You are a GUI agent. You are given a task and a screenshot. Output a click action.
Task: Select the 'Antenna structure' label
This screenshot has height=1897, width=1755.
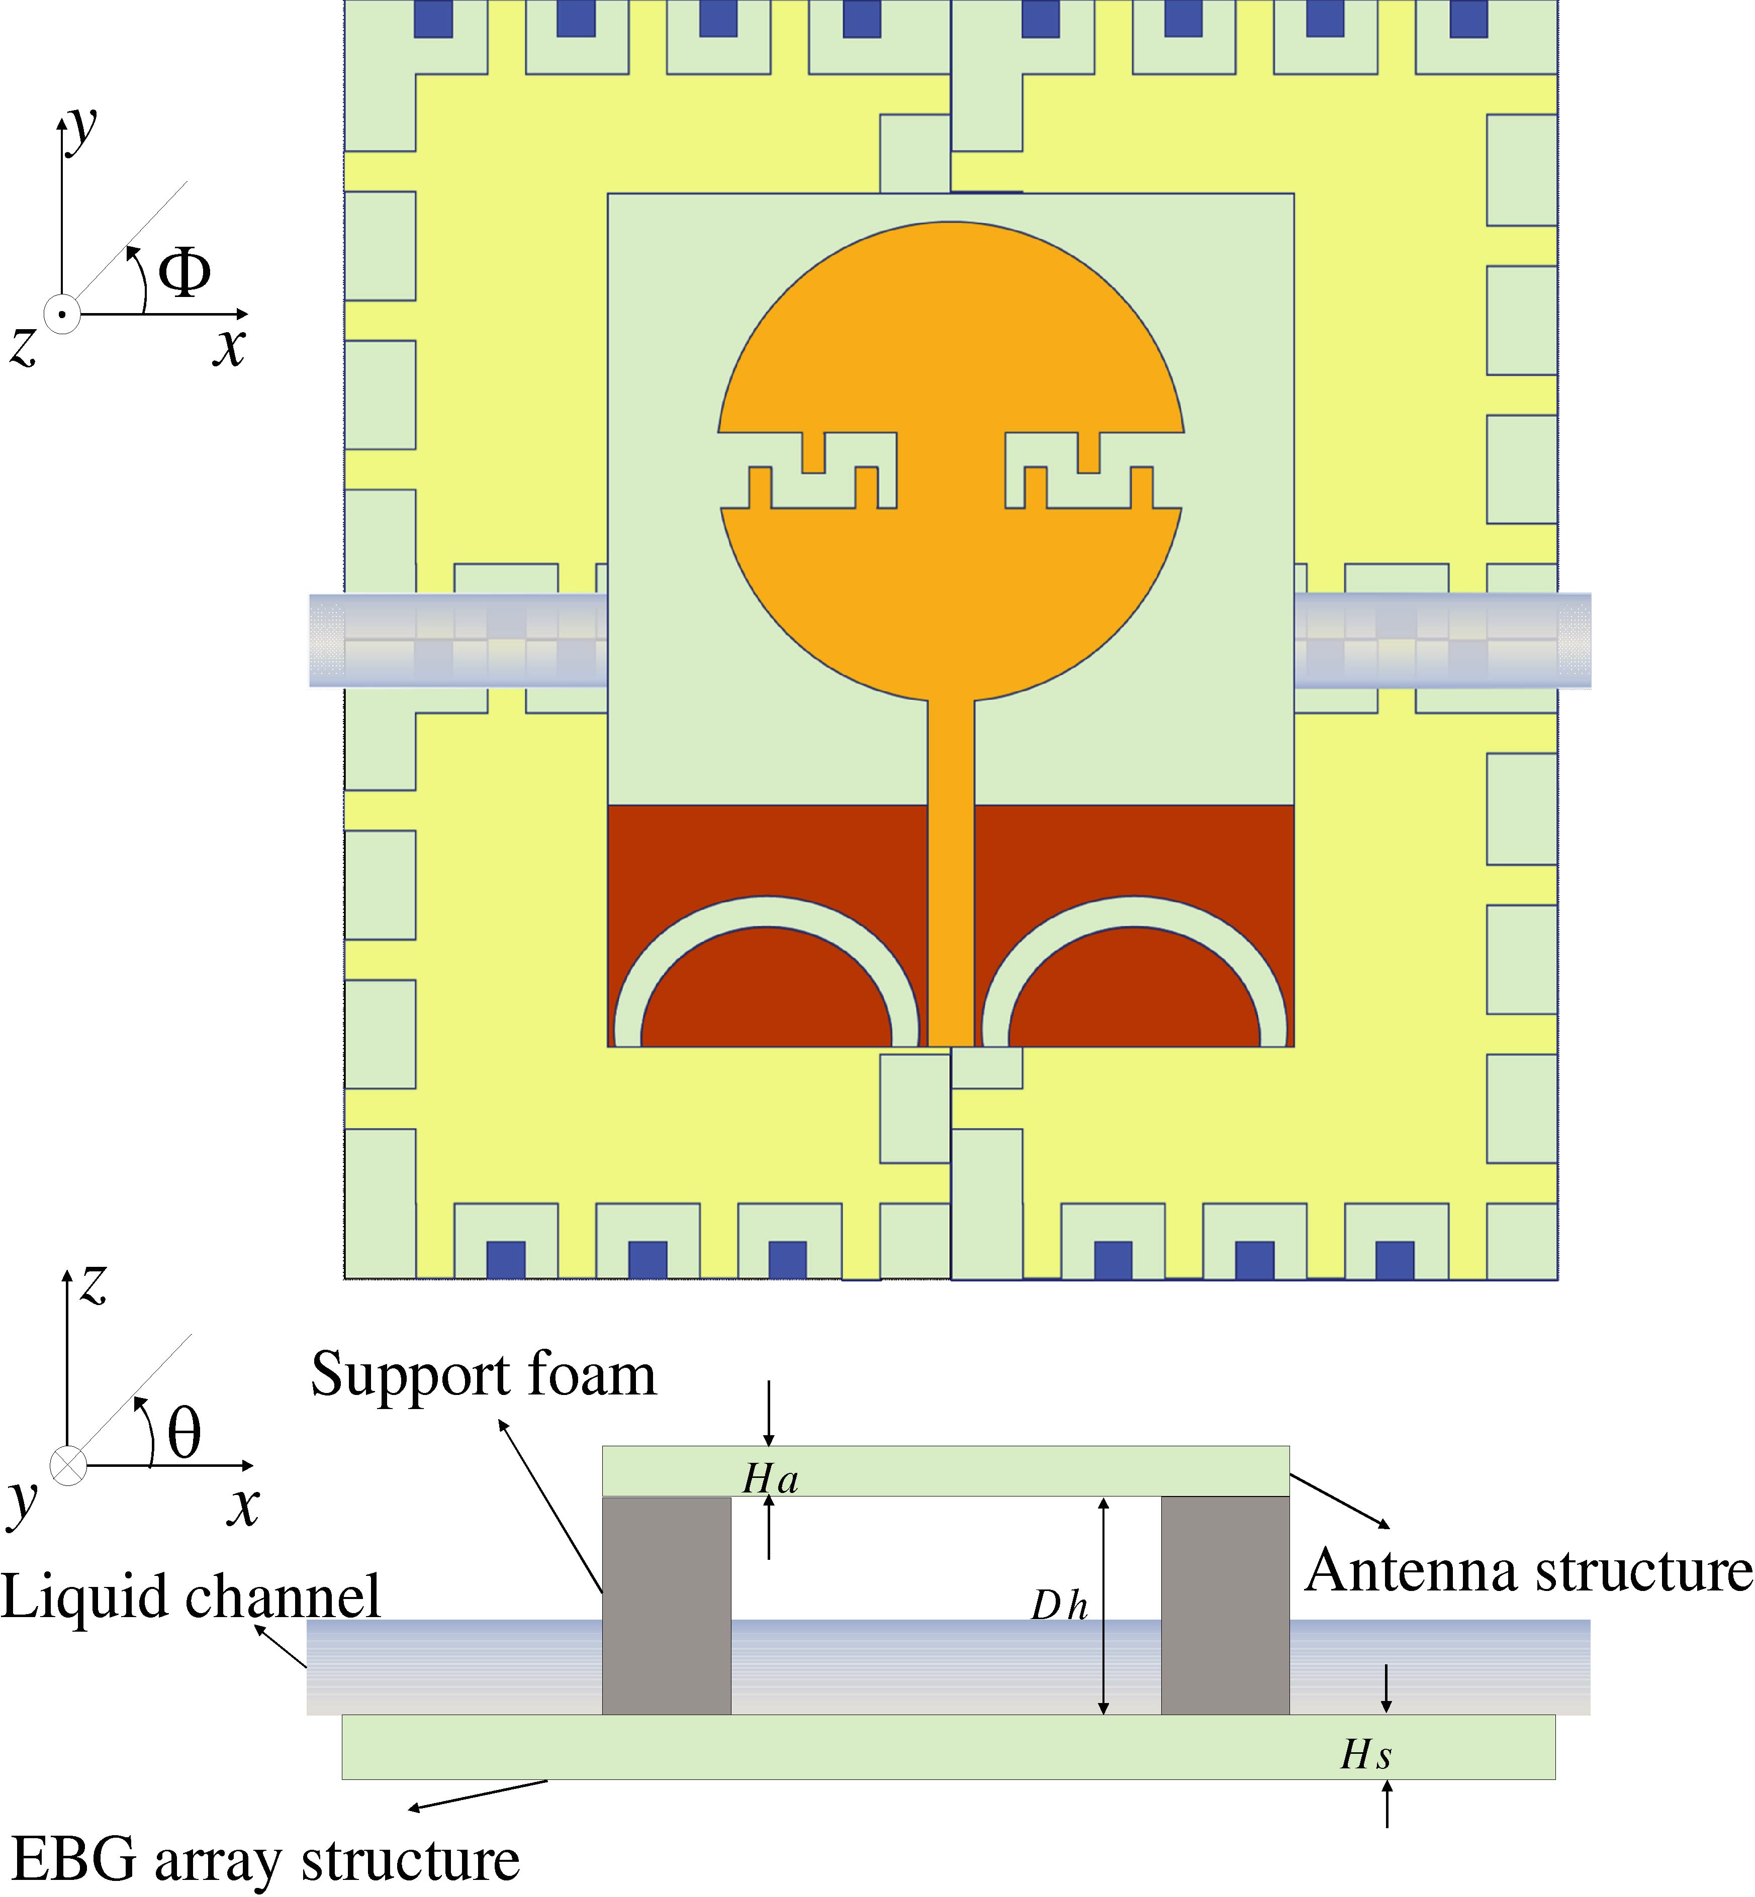1527,1570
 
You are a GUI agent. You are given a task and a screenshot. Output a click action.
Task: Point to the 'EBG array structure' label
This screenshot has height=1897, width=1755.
266,1858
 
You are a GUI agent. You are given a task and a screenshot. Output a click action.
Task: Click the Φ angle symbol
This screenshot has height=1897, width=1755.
184,272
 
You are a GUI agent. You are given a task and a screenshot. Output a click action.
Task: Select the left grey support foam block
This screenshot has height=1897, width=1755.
667,1605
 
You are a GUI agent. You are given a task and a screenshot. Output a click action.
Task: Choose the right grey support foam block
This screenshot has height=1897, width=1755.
1225,1605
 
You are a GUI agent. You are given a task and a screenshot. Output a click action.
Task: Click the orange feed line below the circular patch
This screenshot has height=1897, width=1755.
951,854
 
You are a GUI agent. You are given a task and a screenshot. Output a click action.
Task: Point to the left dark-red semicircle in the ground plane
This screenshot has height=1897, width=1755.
766,997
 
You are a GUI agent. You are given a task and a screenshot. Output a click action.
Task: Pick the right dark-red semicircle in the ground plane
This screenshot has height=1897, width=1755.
1134,997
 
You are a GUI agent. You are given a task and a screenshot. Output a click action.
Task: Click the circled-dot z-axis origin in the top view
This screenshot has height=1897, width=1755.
62,314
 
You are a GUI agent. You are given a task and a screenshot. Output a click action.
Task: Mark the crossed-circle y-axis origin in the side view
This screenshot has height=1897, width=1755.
67,1465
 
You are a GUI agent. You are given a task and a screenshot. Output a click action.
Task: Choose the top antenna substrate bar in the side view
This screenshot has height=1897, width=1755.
945,1471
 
